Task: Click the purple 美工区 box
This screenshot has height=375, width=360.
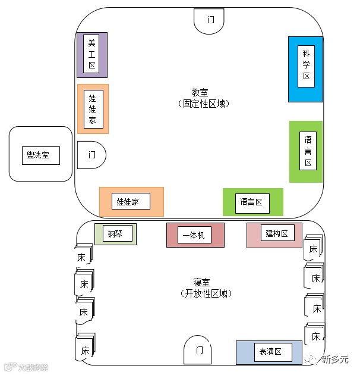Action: click(91, 54)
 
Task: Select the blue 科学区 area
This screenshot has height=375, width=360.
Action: click(305, 69)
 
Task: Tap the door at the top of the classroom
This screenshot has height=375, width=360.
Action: click(210, 20)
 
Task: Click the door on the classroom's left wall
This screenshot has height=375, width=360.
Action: click(91, 155)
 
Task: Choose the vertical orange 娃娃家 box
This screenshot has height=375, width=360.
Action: click(93, 108)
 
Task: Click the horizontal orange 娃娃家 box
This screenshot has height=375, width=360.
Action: click(131, 201)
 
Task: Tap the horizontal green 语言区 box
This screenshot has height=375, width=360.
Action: click(252, 202)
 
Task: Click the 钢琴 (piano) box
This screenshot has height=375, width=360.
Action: click(116, 233)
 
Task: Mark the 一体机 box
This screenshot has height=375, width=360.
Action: click(195, 235)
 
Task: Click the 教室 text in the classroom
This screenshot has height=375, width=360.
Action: click(200, 92)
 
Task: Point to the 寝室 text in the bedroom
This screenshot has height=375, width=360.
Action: click(202, 282)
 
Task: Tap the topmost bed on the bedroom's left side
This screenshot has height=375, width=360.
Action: click(82, 257)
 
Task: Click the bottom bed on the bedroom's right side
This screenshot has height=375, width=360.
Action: click(315, 336)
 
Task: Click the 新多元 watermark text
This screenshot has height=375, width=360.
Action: click(334, 360)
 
